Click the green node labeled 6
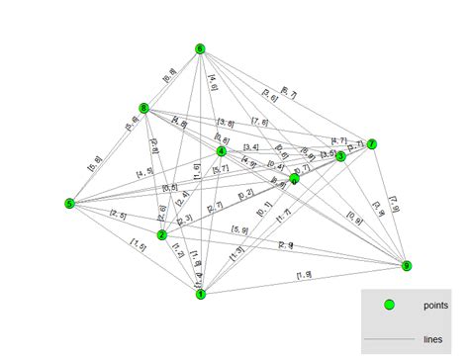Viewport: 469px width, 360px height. point(200,49)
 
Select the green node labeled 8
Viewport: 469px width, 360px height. point(144,109)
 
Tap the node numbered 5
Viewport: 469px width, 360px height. point(69,204)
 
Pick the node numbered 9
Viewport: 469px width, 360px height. point(407,265)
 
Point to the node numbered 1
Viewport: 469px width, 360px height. point(200,294)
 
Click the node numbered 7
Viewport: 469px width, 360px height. point(372,144)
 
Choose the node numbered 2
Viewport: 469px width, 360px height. point(161,235)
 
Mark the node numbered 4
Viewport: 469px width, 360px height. point(221,151)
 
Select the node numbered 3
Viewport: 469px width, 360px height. point(340,156)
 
